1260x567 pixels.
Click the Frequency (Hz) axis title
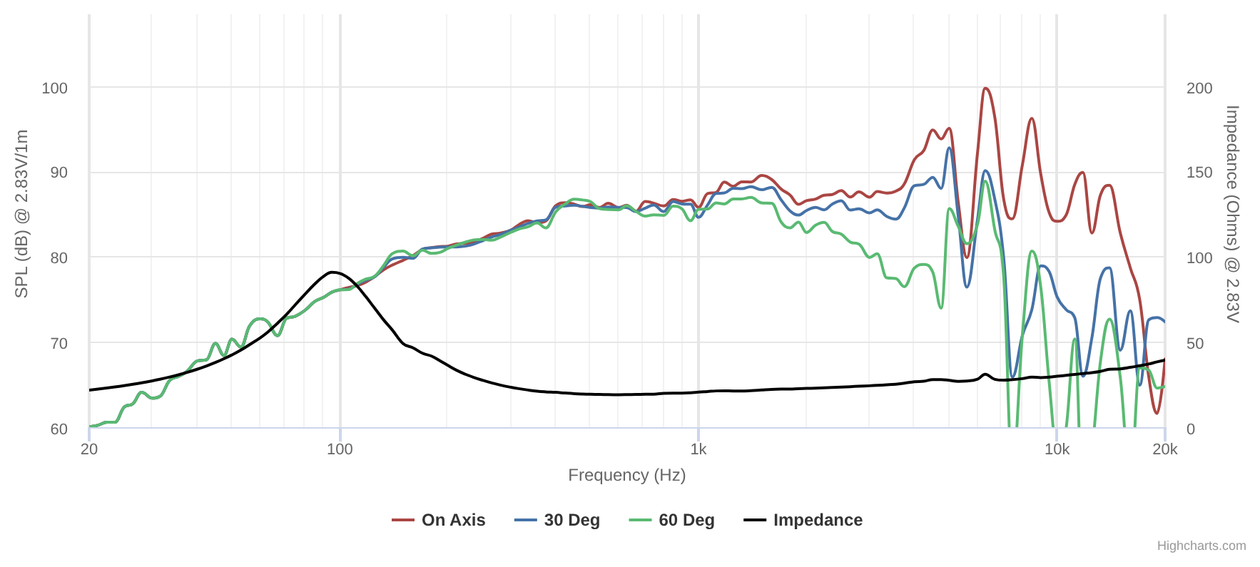point(626,475)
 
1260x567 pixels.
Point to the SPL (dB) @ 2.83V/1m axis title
point(22,214)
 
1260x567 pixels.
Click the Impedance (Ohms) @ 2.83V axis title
point(1232,214)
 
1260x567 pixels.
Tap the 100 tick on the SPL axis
point(55,88)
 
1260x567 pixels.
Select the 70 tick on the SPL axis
point(59,344)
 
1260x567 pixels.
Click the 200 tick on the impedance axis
point(1199,88)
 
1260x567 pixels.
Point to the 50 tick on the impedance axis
point(1195,344)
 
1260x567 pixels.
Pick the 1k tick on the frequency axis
point(698,449)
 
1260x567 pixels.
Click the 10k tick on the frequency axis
point(1057,449)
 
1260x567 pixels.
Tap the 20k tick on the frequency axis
point(1164,449)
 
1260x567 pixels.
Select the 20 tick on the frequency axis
point(89,449)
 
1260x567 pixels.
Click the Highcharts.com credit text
point(1201,546)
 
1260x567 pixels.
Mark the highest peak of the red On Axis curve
point(985,88)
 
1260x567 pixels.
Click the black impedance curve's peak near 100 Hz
point(332,272)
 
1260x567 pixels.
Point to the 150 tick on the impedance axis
point(1199,173)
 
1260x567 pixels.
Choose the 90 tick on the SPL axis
point(59,173)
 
